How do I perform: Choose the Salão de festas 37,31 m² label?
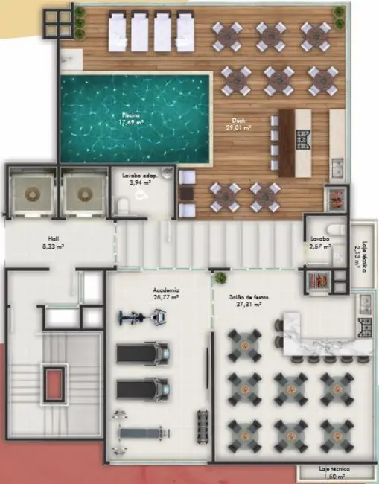pos(250,299)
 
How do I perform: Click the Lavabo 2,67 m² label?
pos(321,242)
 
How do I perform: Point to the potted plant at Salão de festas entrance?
pos(221,278)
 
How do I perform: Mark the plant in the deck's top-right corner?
pos(339,13)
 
